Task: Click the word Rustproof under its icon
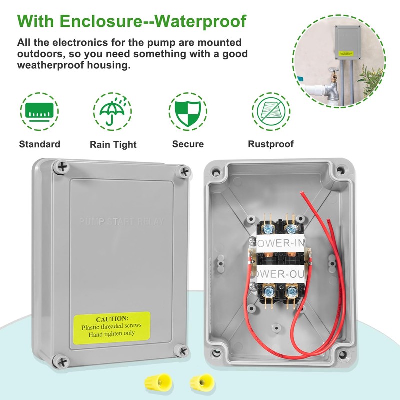click(271, 144)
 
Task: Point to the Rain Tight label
click(113, 145)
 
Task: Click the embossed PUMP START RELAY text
click(124, 221)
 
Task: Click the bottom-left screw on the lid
click(60, 359)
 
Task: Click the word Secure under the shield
click(188, 144)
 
